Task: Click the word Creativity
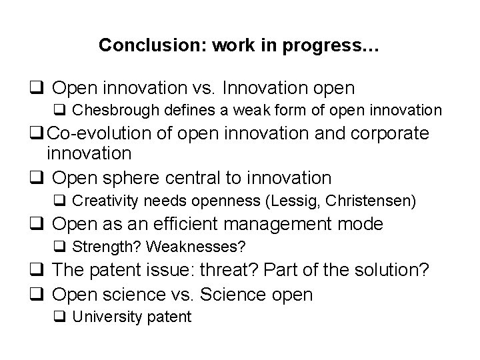point(103,201)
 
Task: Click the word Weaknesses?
point(196,247)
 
